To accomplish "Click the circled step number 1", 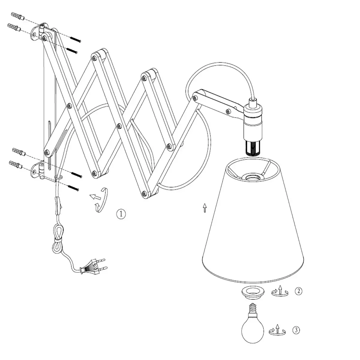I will pyautogui.click(x=121, y=214).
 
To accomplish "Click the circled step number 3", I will pyautogui.click(x=296, y=331).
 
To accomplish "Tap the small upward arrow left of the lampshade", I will pyautogui.click(x=205, y=208).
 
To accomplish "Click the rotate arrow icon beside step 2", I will pyautogui.click(x=280, y=291).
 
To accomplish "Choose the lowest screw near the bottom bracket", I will pyautogui.click(x=73, y=188).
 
